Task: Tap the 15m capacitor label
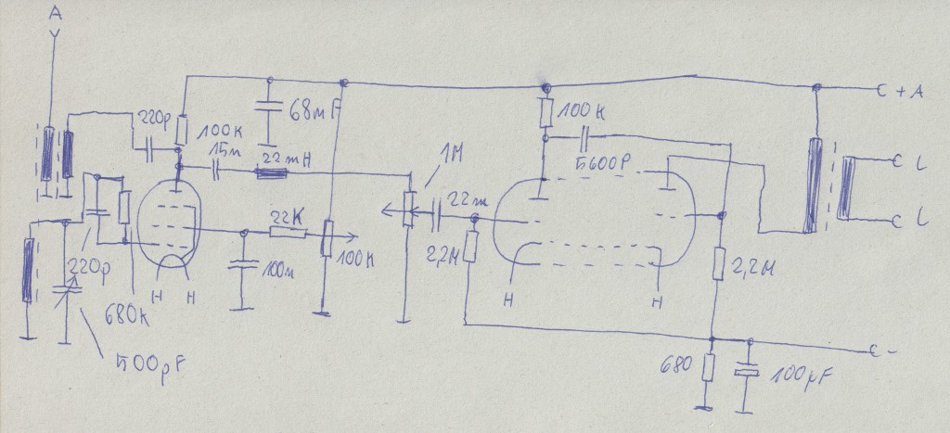click(x=224, y=151)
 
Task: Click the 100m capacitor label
click(x=276, y=271)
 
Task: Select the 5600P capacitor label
click(x=602, y=164)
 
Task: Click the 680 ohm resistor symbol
click(x=710, y=370)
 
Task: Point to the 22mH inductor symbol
click(x=272, y=172)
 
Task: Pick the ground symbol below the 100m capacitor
click(x=242, y=307)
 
